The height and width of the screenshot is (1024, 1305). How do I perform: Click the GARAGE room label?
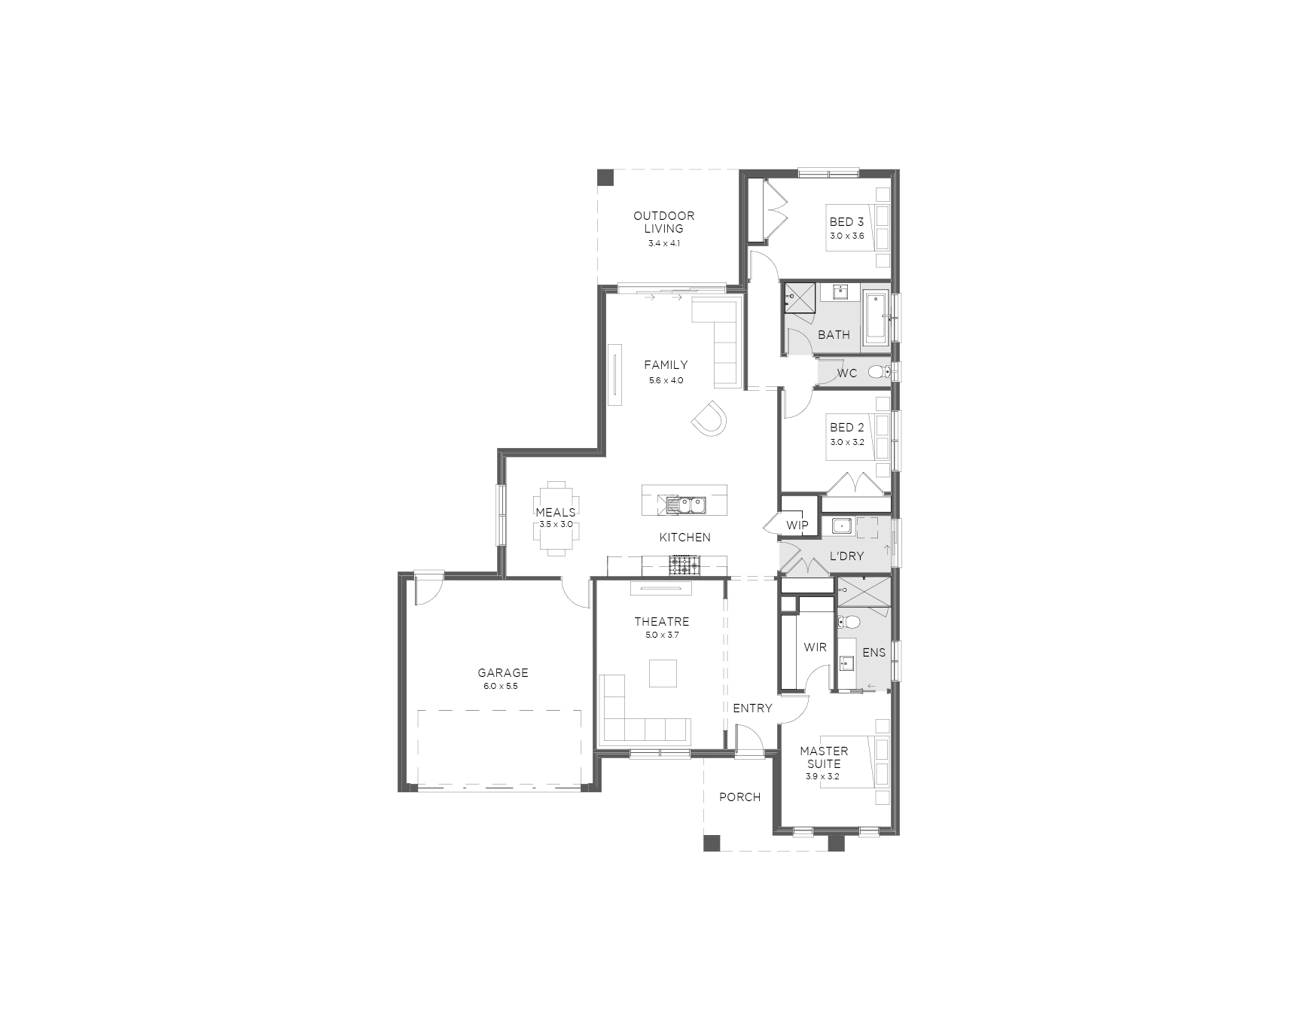[x=503, y=672]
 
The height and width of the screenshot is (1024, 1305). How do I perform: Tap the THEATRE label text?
[x=661, y=621]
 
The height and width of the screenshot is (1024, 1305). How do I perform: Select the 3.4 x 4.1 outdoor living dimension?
[x=664, y=243]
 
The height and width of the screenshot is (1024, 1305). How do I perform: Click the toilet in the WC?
[x=880, y=372]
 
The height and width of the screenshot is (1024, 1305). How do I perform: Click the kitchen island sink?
[x=685, y=504]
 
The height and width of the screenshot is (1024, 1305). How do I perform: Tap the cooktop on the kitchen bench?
[x=685, y=564]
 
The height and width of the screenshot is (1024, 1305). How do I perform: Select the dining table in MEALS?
[x=556, y=519]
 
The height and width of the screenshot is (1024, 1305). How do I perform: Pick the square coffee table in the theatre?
[x=663, y=673]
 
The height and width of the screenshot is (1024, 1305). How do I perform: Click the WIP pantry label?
[x=797, y=525]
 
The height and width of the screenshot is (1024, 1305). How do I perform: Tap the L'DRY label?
[x=846, y=556]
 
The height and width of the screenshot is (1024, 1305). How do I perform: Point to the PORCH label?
[x=739, y=797]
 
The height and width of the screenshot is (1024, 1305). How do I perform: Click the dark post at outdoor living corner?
[x=605, y=178]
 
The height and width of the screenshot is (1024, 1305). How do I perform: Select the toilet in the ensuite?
[x=849, y=622]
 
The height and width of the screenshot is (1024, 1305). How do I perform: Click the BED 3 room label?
[x=846, y=221]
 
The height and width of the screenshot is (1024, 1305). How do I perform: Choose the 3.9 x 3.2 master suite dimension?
[x=822, y=776]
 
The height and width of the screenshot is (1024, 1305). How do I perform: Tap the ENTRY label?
[x=752, y=708]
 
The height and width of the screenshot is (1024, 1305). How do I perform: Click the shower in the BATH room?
[x=800, y=297]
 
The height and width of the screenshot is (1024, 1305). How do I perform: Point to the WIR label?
[x=815, y=647]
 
